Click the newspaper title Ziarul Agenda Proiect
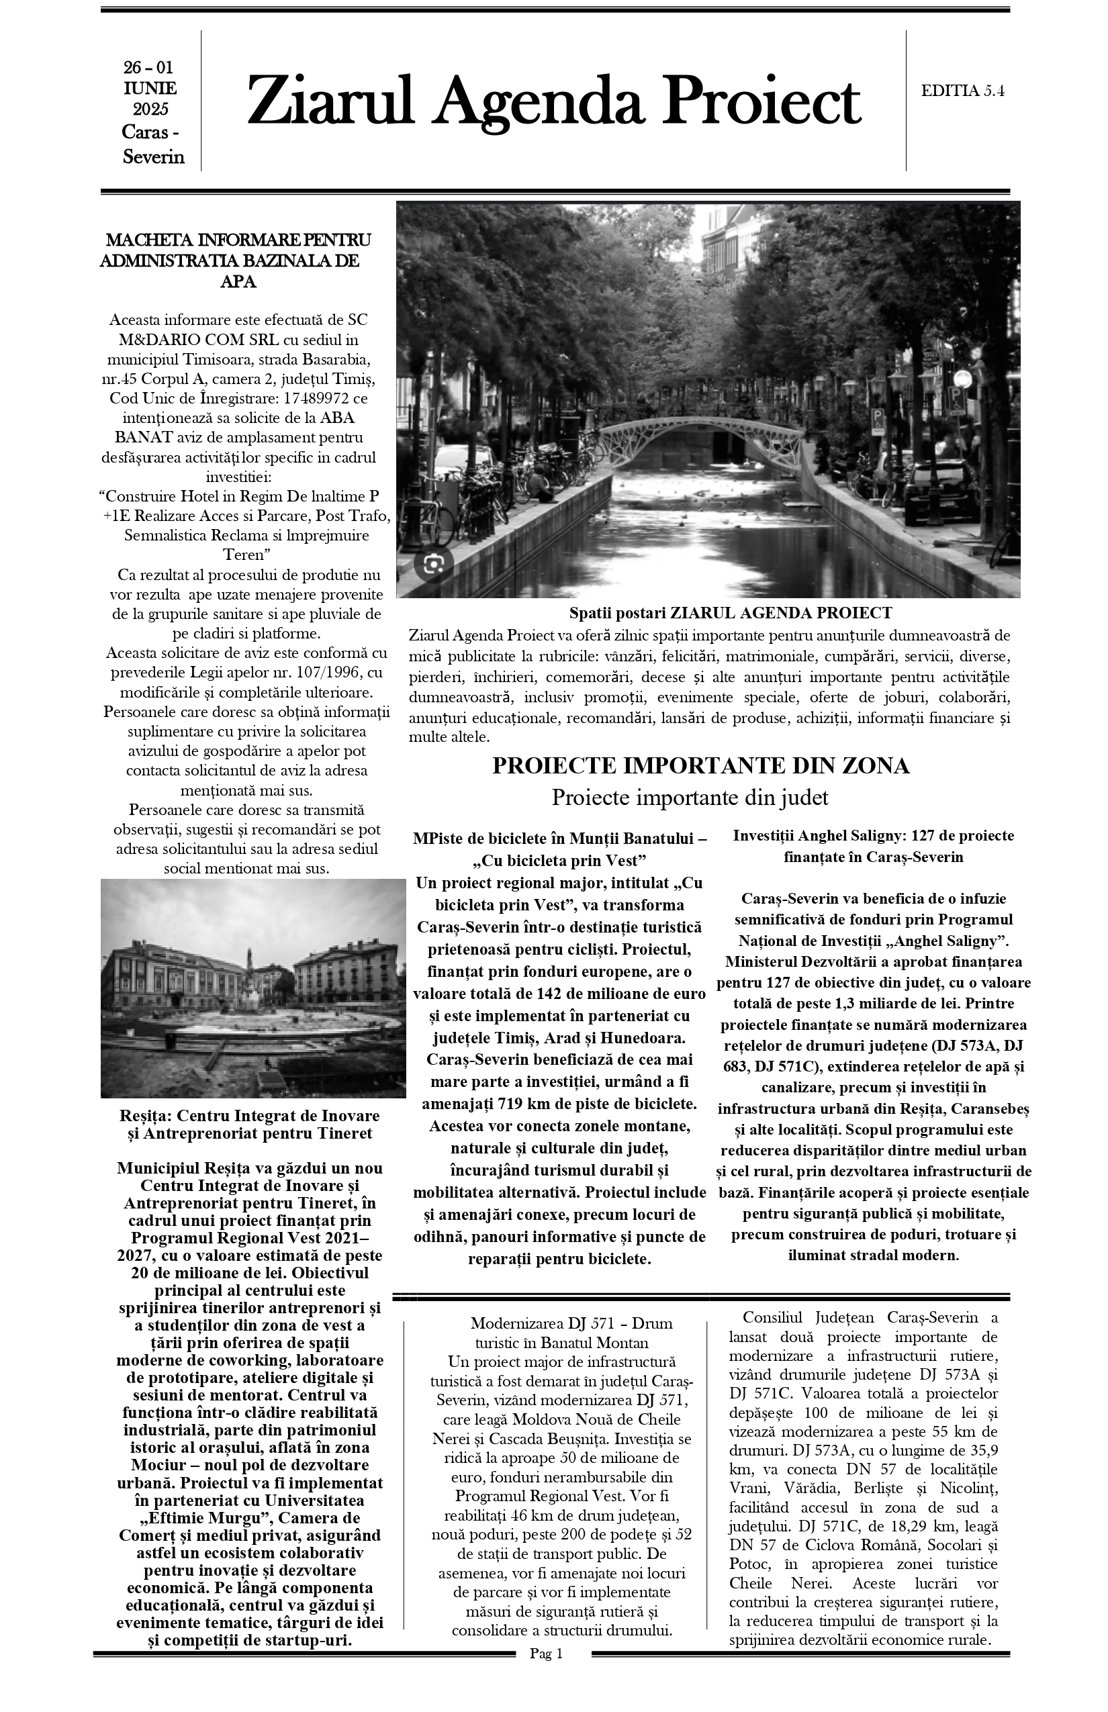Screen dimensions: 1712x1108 [553, 102]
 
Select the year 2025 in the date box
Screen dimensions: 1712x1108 [150, 110]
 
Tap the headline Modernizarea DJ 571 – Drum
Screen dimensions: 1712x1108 [571, 1323]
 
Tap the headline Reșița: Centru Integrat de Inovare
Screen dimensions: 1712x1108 [249, 1116]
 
